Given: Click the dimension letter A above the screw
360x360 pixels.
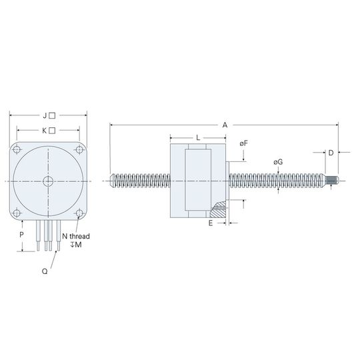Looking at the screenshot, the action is point(225,125).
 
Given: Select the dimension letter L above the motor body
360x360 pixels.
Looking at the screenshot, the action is point(198,138).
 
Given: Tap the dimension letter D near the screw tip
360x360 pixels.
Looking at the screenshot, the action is point(331,153).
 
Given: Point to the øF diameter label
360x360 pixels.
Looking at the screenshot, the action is point(243,143).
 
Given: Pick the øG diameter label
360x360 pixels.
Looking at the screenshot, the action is point(278,162).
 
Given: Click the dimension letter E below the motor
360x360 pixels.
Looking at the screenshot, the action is point(211,223).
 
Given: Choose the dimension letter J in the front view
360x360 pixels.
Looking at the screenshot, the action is point(45,116).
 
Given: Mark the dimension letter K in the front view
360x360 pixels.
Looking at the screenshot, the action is point(44,131).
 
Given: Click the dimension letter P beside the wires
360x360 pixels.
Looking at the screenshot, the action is point(21,235).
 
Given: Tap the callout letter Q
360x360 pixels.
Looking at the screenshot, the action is point(45,271).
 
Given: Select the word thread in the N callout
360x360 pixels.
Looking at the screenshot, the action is point(80,236).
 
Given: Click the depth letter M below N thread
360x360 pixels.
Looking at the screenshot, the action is point(78,245).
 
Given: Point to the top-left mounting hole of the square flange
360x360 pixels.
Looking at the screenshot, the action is point(17,150).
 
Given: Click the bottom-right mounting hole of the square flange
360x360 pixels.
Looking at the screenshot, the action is point(79,213).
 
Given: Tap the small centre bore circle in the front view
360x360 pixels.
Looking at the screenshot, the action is point(48,181).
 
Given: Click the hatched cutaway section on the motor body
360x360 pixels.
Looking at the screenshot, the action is point(218,210).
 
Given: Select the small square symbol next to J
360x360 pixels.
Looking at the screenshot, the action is point(52,115).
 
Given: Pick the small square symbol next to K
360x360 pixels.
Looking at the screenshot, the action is point(52,131).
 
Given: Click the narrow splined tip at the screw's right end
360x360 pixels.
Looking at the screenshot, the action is point(333,180).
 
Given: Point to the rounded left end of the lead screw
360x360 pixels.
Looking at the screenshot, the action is point(113,181).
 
